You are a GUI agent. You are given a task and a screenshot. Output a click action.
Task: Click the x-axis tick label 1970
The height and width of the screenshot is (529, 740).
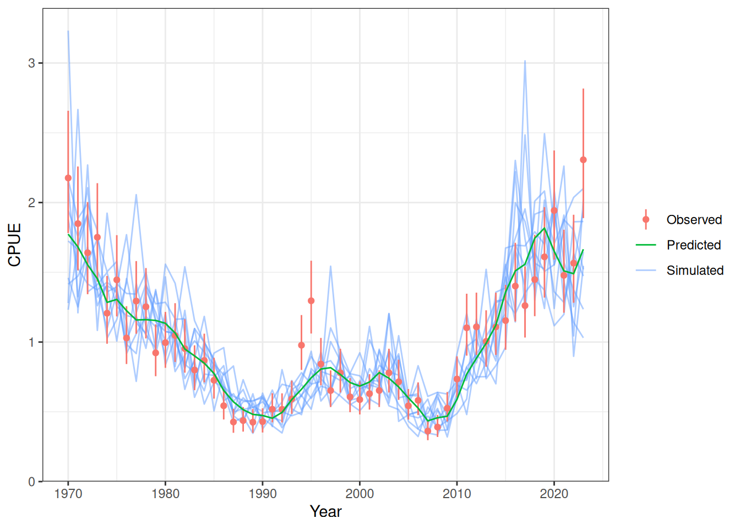68,494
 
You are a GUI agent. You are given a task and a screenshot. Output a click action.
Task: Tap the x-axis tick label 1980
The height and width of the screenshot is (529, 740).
165,494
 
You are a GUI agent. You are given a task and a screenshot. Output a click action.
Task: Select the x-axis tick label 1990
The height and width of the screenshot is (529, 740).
263,494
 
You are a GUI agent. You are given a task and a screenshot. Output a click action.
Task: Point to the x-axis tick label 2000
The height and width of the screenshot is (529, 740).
360,494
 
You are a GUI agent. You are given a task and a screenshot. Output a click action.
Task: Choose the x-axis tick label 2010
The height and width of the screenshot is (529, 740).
457,494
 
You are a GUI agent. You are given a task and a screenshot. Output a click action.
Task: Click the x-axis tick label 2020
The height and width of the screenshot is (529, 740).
554,494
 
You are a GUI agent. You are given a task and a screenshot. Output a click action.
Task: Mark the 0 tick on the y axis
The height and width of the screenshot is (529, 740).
31,482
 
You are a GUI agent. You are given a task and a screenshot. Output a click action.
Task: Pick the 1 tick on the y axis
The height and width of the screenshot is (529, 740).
31,342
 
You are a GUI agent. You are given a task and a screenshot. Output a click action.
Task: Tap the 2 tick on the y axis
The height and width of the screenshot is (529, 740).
31,202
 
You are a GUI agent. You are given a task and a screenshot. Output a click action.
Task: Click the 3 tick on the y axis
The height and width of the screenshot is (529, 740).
31,63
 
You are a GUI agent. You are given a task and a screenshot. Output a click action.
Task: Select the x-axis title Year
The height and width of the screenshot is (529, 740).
325,512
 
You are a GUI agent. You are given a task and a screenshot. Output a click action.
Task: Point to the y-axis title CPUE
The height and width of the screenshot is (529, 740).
15,245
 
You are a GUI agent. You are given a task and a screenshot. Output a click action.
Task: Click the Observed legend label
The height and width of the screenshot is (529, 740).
694,220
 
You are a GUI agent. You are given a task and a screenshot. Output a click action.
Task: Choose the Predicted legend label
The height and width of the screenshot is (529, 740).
693,245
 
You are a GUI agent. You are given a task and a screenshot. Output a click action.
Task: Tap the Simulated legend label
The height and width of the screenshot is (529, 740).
695,271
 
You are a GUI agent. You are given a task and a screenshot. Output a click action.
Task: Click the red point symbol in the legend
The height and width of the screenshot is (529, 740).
646,219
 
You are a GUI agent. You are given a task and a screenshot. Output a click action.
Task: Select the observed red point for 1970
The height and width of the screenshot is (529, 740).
68,178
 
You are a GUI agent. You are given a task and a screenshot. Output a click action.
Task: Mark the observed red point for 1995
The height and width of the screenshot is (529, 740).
311,301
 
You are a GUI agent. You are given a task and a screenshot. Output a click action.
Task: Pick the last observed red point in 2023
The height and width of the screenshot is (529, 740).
583,160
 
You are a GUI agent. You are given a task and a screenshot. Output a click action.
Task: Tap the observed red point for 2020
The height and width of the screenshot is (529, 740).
554,210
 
